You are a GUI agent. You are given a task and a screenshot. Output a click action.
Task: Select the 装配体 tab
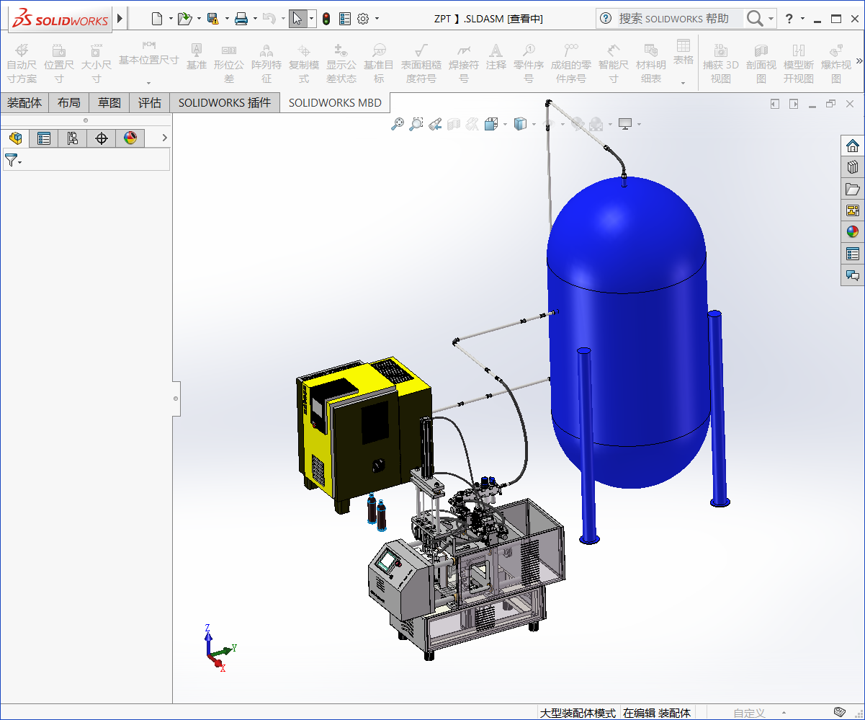click(x=24, y=103)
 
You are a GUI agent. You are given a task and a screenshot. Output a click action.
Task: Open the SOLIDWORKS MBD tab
click(x=336, y=103)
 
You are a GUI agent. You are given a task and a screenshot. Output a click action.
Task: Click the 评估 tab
click(x=150, y=103)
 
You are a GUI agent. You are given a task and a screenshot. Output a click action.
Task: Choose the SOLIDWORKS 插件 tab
click(x=225, y=103)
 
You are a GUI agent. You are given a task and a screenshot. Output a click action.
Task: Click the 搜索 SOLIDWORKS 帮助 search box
click(x=673, y=19)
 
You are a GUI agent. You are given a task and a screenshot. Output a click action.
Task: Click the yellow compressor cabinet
click(x=360, y=432)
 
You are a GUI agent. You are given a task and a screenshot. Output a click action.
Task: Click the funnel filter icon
click(x=12, y=160)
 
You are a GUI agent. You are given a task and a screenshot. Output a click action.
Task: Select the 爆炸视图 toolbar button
click(x=836, y=64)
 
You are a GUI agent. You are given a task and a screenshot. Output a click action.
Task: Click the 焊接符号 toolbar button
click(x=464, y=64)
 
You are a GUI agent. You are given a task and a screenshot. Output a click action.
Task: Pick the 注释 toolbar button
click(x=496, y=64)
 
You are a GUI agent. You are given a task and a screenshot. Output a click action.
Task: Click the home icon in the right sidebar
click(x=853, y=146)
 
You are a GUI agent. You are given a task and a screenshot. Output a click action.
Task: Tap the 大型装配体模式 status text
click(x=578, y=713)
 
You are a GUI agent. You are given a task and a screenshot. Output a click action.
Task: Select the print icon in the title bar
click(x=241, y=19)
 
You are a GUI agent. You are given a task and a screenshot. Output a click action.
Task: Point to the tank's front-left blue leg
click(x=588, y=447)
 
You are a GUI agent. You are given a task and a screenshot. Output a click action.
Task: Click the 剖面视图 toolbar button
click(x=761, y=64)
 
